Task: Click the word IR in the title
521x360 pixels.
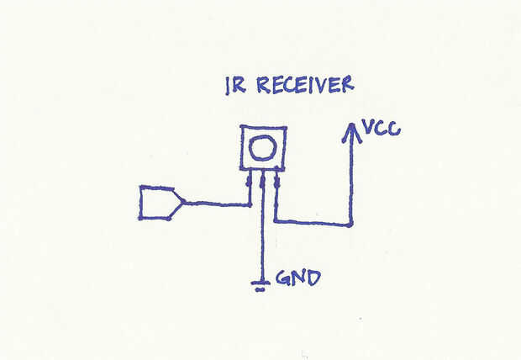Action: click(235, 86)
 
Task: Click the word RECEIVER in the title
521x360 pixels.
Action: click(305, 84)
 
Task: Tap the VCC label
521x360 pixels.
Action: click(382, 128)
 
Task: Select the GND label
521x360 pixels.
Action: click(298, 278)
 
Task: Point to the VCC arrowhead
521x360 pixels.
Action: click(351, 133)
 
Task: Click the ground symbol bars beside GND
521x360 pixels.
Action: click(260, 286)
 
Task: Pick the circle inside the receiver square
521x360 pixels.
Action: click(263, 148)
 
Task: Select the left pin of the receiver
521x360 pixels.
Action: click(249, 187)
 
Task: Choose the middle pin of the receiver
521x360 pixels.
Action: click(262, 187)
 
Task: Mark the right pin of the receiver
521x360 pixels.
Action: click(276, 187)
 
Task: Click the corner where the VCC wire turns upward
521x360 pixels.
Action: click(350, 225)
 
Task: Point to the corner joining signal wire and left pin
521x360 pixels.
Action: click(250, 205)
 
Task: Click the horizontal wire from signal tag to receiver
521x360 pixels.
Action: click(216, 204)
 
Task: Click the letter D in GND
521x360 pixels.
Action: click(313, 278)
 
